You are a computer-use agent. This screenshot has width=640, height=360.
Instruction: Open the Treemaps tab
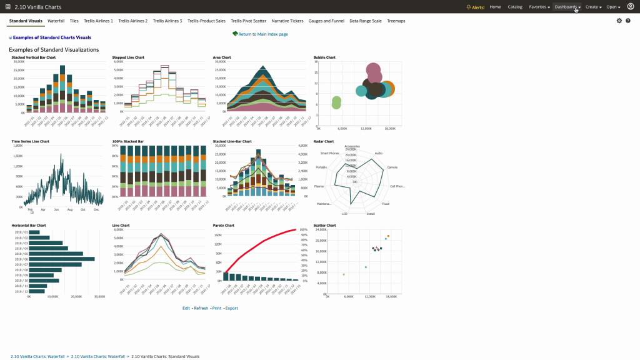tap(396, 21)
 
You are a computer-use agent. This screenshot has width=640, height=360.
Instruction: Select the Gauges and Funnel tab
tap(326, 21)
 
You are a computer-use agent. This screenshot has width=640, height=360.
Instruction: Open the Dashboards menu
tap(567, 7)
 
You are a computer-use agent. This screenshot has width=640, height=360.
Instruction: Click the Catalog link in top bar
tap(515, 7)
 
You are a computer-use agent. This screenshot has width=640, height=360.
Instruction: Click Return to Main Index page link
tap(262, 34)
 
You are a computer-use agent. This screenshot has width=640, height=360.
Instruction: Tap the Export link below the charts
tap(232, 308)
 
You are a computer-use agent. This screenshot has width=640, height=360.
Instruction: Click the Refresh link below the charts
tap(201, 308)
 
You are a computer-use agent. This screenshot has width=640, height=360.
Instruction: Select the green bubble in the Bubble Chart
tap(337, 102)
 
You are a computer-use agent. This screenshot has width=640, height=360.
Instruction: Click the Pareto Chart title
tap(223, 225)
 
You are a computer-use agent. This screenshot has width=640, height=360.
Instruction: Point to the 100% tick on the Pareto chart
tap(304, 229)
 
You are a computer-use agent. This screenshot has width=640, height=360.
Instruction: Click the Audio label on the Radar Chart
tap(378, 153)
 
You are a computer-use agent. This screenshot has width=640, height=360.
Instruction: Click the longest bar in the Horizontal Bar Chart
tap(62, 259)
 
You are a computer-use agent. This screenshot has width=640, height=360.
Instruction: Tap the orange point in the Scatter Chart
tap(388, 236)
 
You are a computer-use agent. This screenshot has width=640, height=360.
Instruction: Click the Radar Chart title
tap(323, 141)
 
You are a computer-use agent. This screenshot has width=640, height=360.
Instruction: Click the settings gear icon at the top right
tap(619, 21)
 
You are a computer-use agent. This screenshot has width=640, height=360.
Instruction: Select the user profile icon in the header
tap(631, 7)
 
